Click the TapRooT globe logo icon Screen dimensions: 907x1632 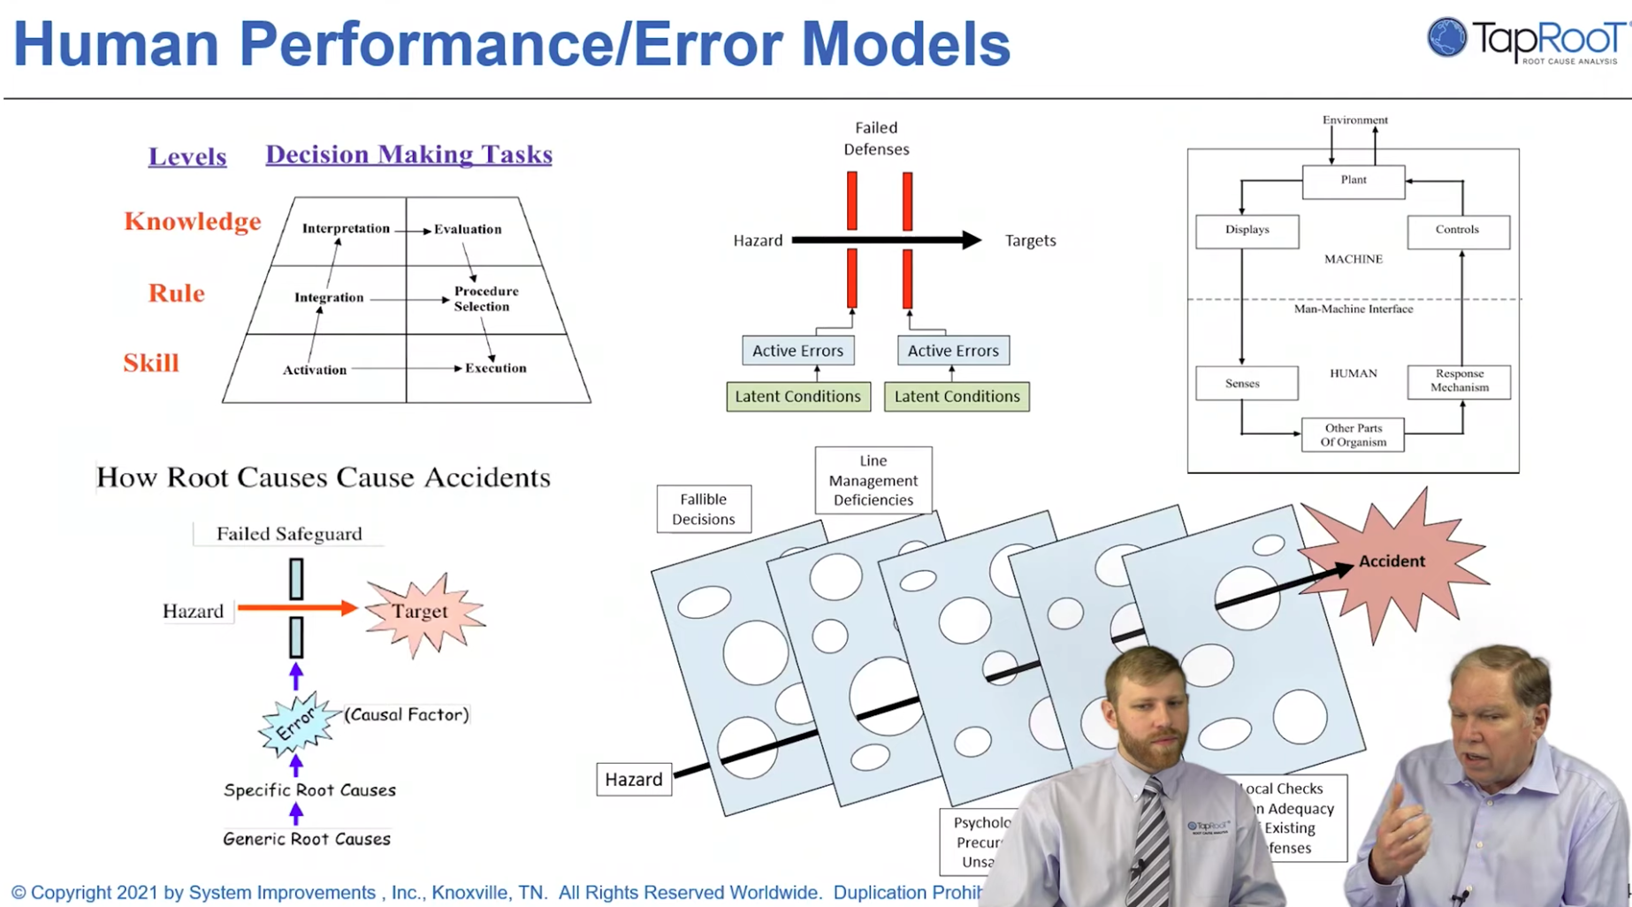(x=1446, y=38)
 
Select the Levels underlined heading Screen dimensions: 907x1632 (x=187, y=156)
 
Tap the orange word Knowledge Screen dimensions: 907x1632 (x=193, y=221)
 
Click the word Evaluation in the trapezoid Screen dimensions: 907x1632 (x=468, y=229)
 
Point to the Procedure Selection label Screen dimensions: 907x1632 (x=485, y=299)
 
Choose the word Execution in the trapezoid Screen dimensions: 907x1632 (x=495, y=368)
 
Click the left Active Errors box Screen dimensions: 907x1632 (x=797, y=350)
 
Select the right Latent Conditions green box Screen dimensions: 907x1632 (x=957, y=396)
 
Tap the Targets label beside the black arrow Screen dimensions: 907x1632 (x=1030, y=240)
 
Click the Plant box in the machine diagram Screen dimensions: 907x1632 (x=1353, y=180)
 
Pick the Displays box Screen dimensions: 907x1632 (x=1247, y=230)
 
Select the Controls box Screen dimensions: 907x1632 (x=1457, y=230)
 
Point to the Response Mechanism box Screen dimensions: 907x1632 (x=1459, y=381)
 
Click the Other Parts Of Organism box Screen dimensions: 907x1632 (x=1353, y=435)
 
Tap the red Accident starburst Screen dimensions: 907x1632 (x=1392, y=561)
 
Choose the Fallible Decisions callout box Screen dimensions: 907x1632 (x=704, y=509)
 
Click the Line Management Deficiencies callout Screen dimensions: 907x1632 (x=873, y=480)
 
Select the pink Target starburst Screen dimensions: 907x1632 (x=421, y=612)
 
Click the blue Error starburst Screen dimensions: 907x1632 (x=296, y=724)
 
